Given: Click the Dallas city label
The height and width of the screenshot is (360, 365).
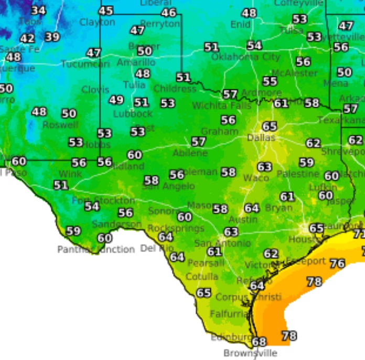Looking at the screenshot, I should point(261,137).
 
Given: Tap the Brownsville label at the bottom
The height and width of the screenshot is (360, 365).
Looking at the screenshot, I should point(250,353).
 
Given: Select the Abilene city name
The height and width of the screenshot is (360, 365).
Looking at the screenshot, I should point(190,153).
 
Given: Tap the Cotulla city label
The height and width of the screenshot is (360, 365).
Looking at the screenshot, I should point(202,277).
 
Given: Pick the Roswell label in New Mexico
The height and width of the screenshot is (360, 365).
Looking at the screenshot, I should point(60,125).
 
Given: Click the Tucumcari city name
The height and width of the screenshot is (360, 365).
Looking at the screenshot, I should point(85,64).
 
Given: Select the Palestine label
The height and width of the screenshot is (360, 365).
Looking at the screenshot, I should point(298,174).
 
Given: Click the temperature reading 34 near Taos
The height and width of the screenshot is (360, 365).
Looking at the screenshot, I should point(38,10).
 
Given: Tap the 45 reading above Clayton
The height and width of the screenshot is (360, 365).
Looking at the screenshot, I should point(106,10).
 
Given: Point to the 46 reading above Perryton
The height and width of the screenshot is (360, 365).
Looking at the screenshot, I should point(168,13).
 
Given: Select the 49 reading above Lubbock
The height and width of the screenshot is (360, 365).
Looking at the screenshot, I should point(116,100).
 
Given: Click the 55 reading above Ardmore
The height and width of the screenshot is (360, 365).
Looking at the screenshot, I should point(270,81).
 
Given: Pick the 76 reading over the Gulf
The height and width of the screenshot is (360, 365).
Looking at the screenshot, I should point(337,263).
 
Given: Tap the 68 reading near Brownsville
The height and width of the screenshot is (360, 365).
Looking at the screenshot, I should point(259,342).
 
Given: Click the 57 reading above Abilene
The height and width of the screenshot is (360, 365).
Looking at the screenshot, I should point(198,142).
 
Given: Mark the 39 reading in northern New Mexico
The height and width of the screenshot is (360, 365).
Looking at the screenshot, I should point(52,37).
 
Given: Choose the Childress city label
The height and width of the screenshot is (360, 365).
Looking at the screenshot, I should point(175,89).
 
